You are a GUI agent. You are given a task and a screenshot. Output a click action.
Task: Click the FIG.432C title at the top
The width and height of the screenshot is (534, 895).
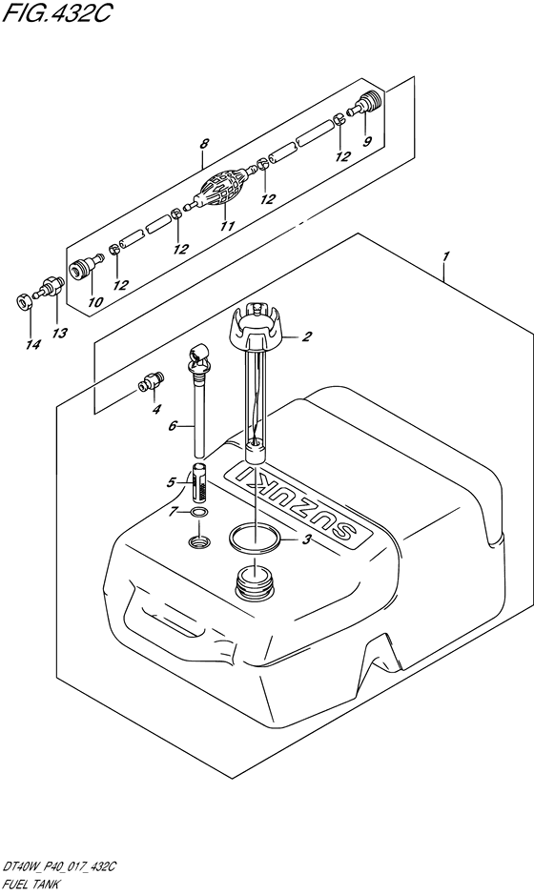coord(55,12)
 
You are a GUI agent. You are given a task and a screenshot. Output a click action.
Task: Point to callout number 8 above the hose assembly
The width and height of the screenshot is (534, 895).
coord(203,145)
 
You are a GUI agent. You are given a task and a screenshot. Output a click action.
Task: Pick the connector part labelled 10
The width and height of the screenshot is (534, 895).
coord(85,267)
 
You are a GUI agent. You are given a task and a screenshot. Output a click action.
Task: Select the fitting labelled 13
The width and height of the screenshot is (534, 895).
coord(50,286)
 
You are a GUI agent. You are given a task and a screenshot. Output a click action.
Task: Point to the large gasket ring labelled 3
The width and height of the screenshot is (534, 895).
coord(255,539)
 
